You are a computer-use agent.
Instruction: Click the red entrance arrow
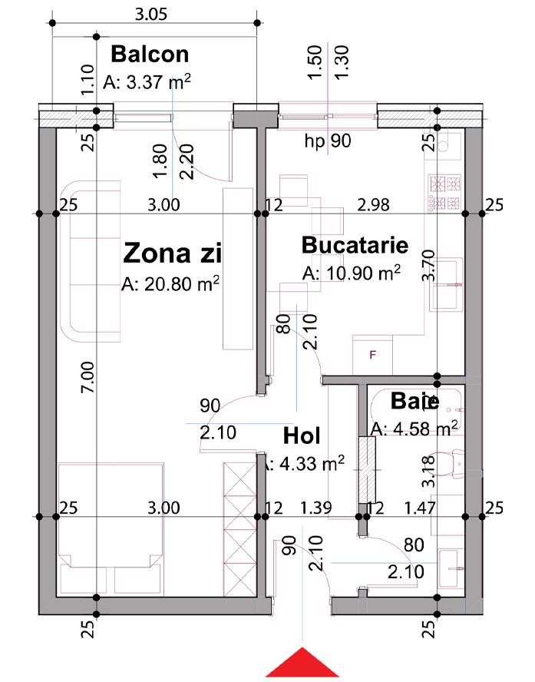(302, 664)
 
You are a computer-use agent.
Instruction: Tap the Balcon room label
(150, 55)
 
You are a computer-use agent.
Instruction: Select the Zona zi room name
(173, 253)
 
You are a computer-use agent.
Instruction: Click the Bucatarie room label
(355, 245)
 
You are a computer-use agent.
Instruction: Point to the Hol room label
(302, 435)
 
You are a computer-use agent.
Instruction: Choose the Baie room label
(414, 401)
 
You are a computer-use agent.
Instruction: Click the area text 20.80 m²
(170, 283)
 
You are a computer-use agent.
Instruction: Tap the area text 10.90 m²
(351, 273)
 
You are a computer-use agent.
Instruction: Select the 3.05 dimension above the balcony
(150, 15)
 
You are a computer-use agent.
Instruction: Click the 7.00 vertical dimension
(88, 377)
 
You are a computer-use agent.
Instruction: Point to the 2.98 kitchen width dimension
(373, 204)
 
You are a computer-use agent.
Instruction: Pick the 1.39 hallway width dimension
(316, 508)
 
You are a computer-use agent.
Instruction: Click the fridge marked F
(372, 355)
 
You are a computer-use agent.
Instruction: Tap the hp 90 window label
(328, 141)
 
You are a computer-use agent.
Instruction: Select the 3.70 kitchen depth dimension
(428, 265)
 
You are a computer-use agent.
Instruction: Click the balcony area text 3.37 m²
(147, 81)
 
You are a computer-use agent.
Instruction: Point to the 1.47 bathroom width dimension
(419, 508)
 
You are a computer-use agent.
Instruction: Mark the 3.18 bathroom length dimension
(428, 471)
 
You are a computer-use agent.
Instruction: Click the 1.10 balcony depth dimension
(88, 80)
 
